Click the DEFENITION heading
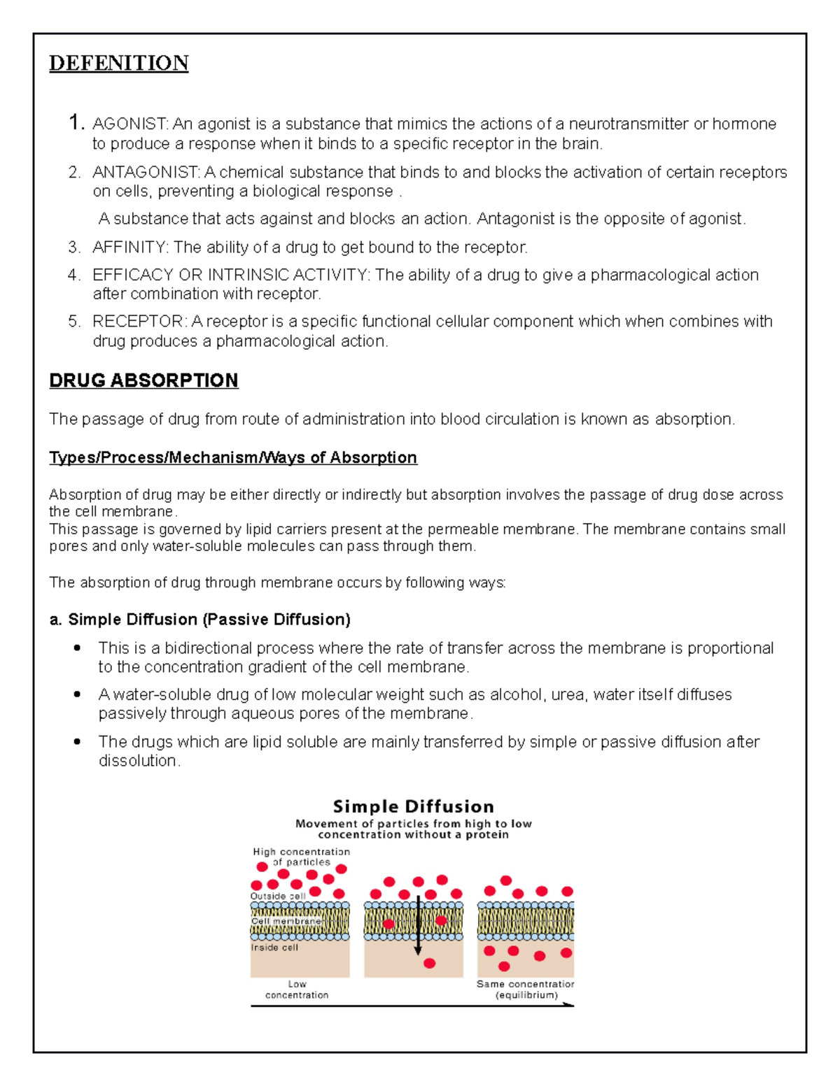(118, 63)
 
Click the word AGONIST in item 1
(129, 124)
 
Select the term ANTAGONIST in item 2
(146, 172)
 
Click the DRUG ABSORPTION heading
(143, 380)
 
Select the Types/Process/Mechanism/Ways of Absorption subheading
(233, 457)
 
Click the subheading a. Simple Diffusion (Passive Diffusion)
(200, 620)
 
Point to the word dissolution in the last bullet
(139, 761)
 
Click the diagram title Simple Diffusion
(413, 806)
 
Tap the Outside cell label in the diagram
(278, 896)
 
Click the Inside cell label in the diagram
(274, 948)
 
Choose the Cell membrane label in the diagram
(286, 921)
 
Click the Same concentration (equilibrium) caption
(526, 989)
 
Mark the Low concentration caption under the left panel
(297, 989)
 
